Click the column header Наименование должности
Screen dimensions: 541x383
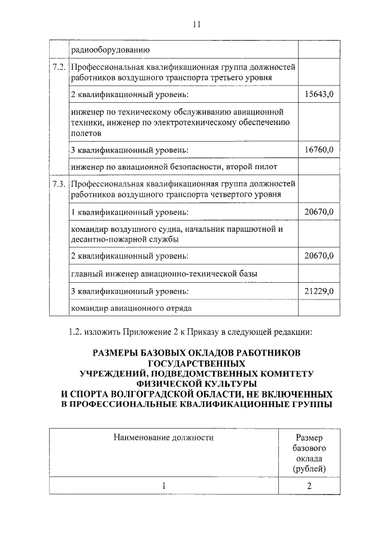coord(163,438)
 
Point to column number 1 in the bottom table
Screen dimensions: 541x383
coord(163,486)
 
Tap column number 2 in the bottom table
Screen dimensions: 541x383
coord(309,486)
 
